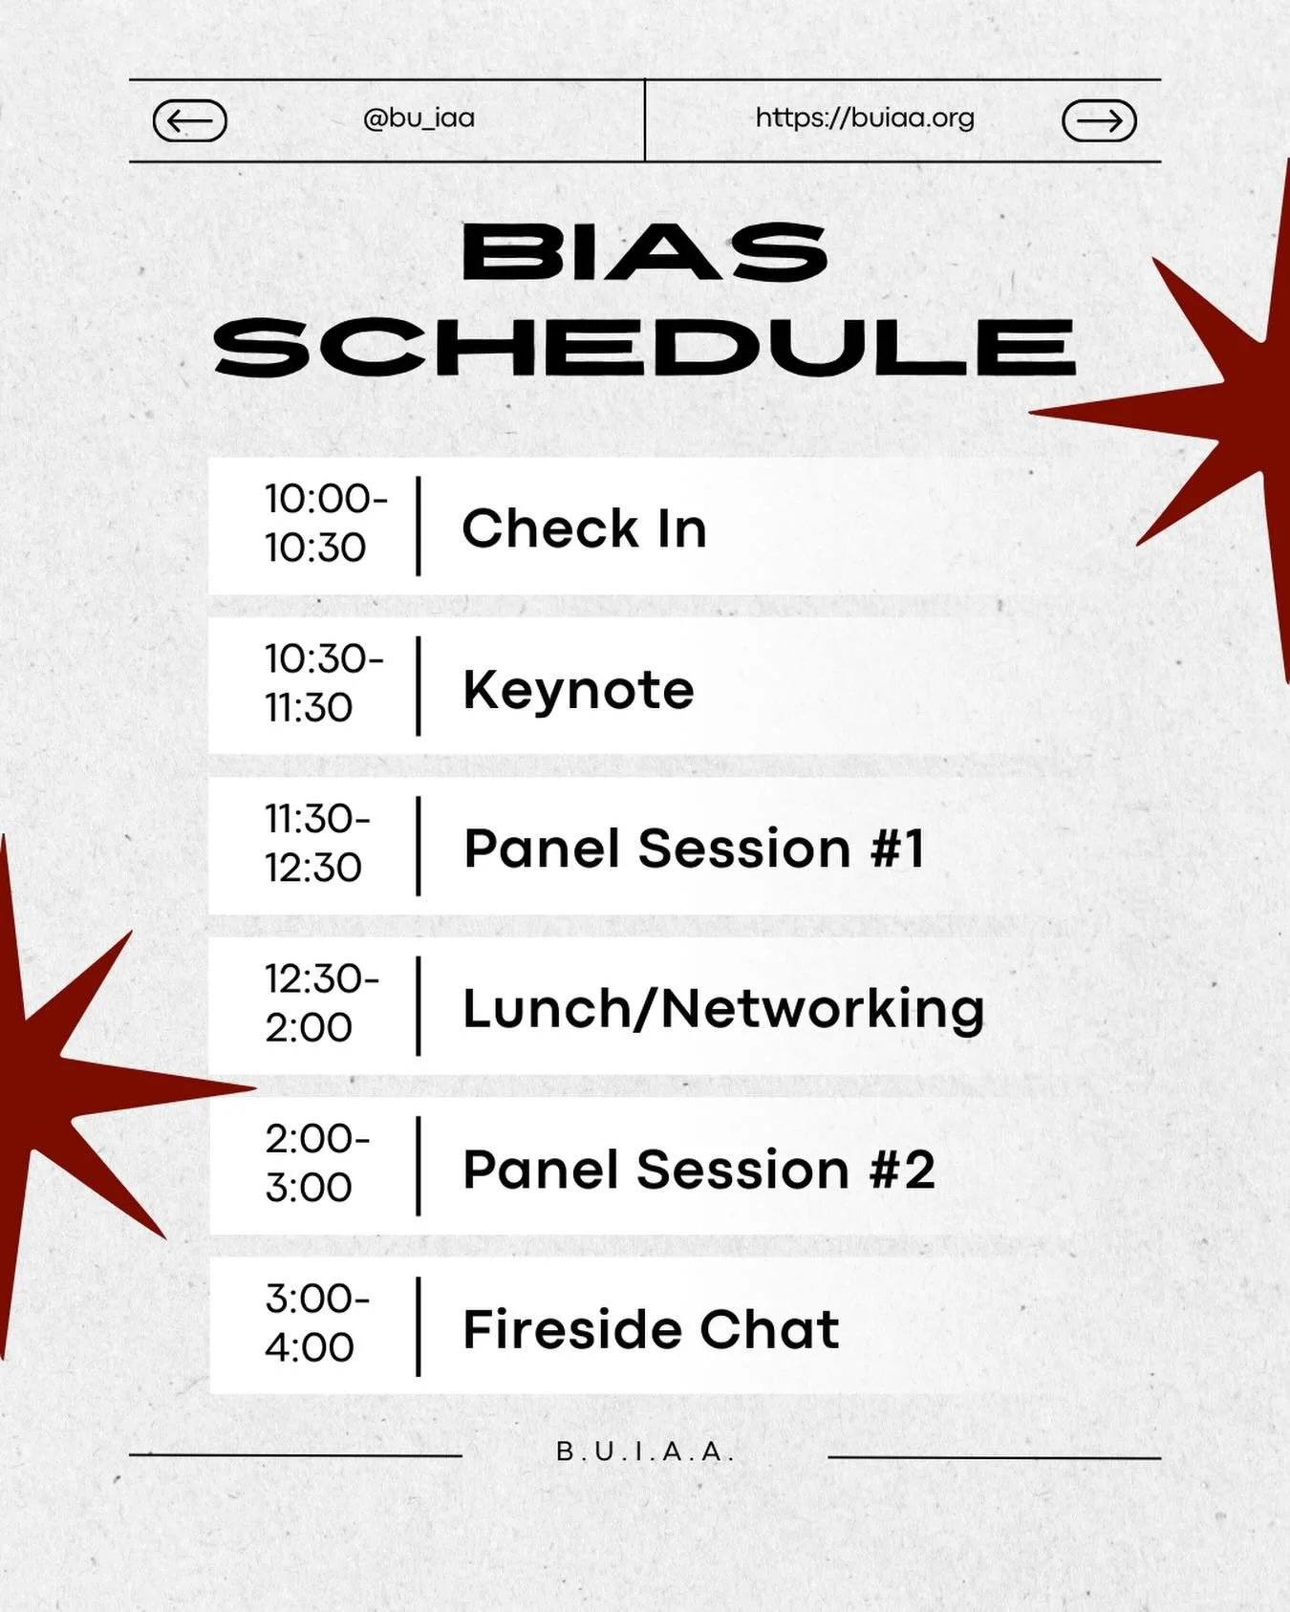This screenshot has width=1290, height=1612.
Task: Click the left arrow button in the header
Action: [x=189, y=120]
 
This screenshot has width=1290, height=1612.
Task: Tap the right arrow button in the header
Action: [x=1099, y=120]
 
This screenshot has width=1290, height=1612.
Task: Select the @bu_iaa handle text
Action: [x=419, y=118]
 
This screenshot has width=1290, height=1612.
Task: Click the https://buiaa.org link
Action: [x=865, y=118]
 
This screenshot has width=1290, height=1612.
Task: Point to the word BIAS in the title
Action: [x=645, y=253]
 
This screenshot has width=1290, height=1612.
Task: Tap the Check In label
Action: [x=584, y=528]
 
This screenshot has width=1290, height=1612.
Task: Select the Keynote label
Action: [x=578, y=689]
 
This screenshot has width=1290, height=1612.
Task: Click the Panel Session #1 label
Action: [x=695, y=849]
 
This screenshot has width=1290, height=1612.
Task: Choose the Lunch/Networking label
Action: [x=723, y=1009]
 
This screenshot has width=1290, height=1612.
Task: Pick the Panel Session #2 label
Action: [x=699, y=1170]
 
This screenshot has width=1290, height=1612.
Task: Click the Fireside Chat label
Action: [x=651, y=1329]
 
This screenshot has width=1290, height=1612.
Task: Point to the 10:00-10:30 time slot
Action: [x=326, y=523]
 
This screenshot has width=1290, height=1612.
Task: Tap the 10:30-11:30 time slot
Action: [x=324, y=683]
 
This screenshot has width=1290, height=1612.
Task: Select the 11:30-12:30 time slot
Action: [x=317, y=843]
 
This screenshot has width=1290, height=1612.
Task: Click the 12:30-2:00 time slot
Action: [x=322, y=1003]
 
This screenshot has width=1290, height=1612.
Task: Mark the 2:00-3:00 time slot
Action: [x=317, y=1163]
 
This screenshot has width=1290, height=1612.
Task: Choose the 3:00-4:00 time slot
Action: [x=317, y=1323]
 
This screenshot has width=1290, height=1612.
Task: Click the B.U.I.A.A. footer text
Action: [x=645, y=1451]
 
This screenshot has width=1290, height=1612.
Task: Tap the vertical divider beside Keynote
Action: [x=419, y=686]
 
